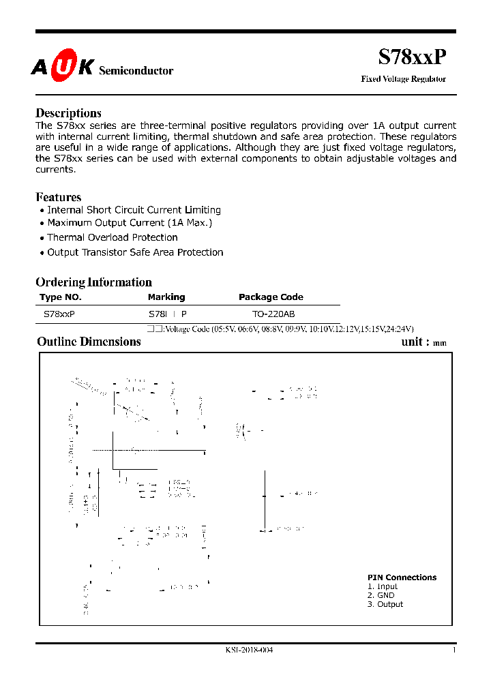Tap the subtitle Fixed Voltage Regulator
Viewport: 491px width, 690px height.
coord(403,79)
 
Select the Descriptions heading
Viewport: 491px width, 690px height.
coord(68,113)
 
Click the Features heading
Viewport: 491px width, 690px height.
coord(58,197)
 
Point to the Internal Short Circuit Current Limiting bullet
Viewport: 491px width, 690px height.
coord(134,210)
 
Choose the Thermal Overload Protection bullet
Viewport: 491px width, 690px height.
coord(113,237)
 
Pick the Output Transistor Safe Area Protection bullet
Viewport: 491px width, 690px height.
coord(135,252)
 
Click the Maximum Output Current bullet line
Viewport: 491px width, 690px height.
coord(130,223)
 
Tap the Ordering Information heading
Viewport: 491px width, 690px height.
coord(93,282)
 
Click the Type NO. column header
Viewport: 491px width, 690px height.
coord(61,297)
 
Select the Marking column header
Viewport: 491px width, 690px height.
coord(166,297)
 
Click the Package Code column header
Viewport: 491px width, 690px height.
coord(271,297)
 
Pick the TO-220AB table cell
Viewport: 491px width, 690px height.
coord(273,314)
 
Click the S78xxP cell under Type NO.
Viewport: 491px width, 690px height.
coord(59,314)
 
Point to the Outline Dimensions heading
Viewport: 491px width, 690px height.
coord(89,342)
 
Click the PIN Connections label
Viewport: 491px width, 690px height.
coord(402,577)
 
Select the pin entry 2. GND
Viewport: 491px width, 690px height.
coord(381,595)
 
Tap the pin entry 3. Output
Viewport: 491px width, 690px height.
coord(385,604)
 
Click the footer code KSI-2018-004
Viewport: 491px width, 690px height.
coord(249,650)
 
